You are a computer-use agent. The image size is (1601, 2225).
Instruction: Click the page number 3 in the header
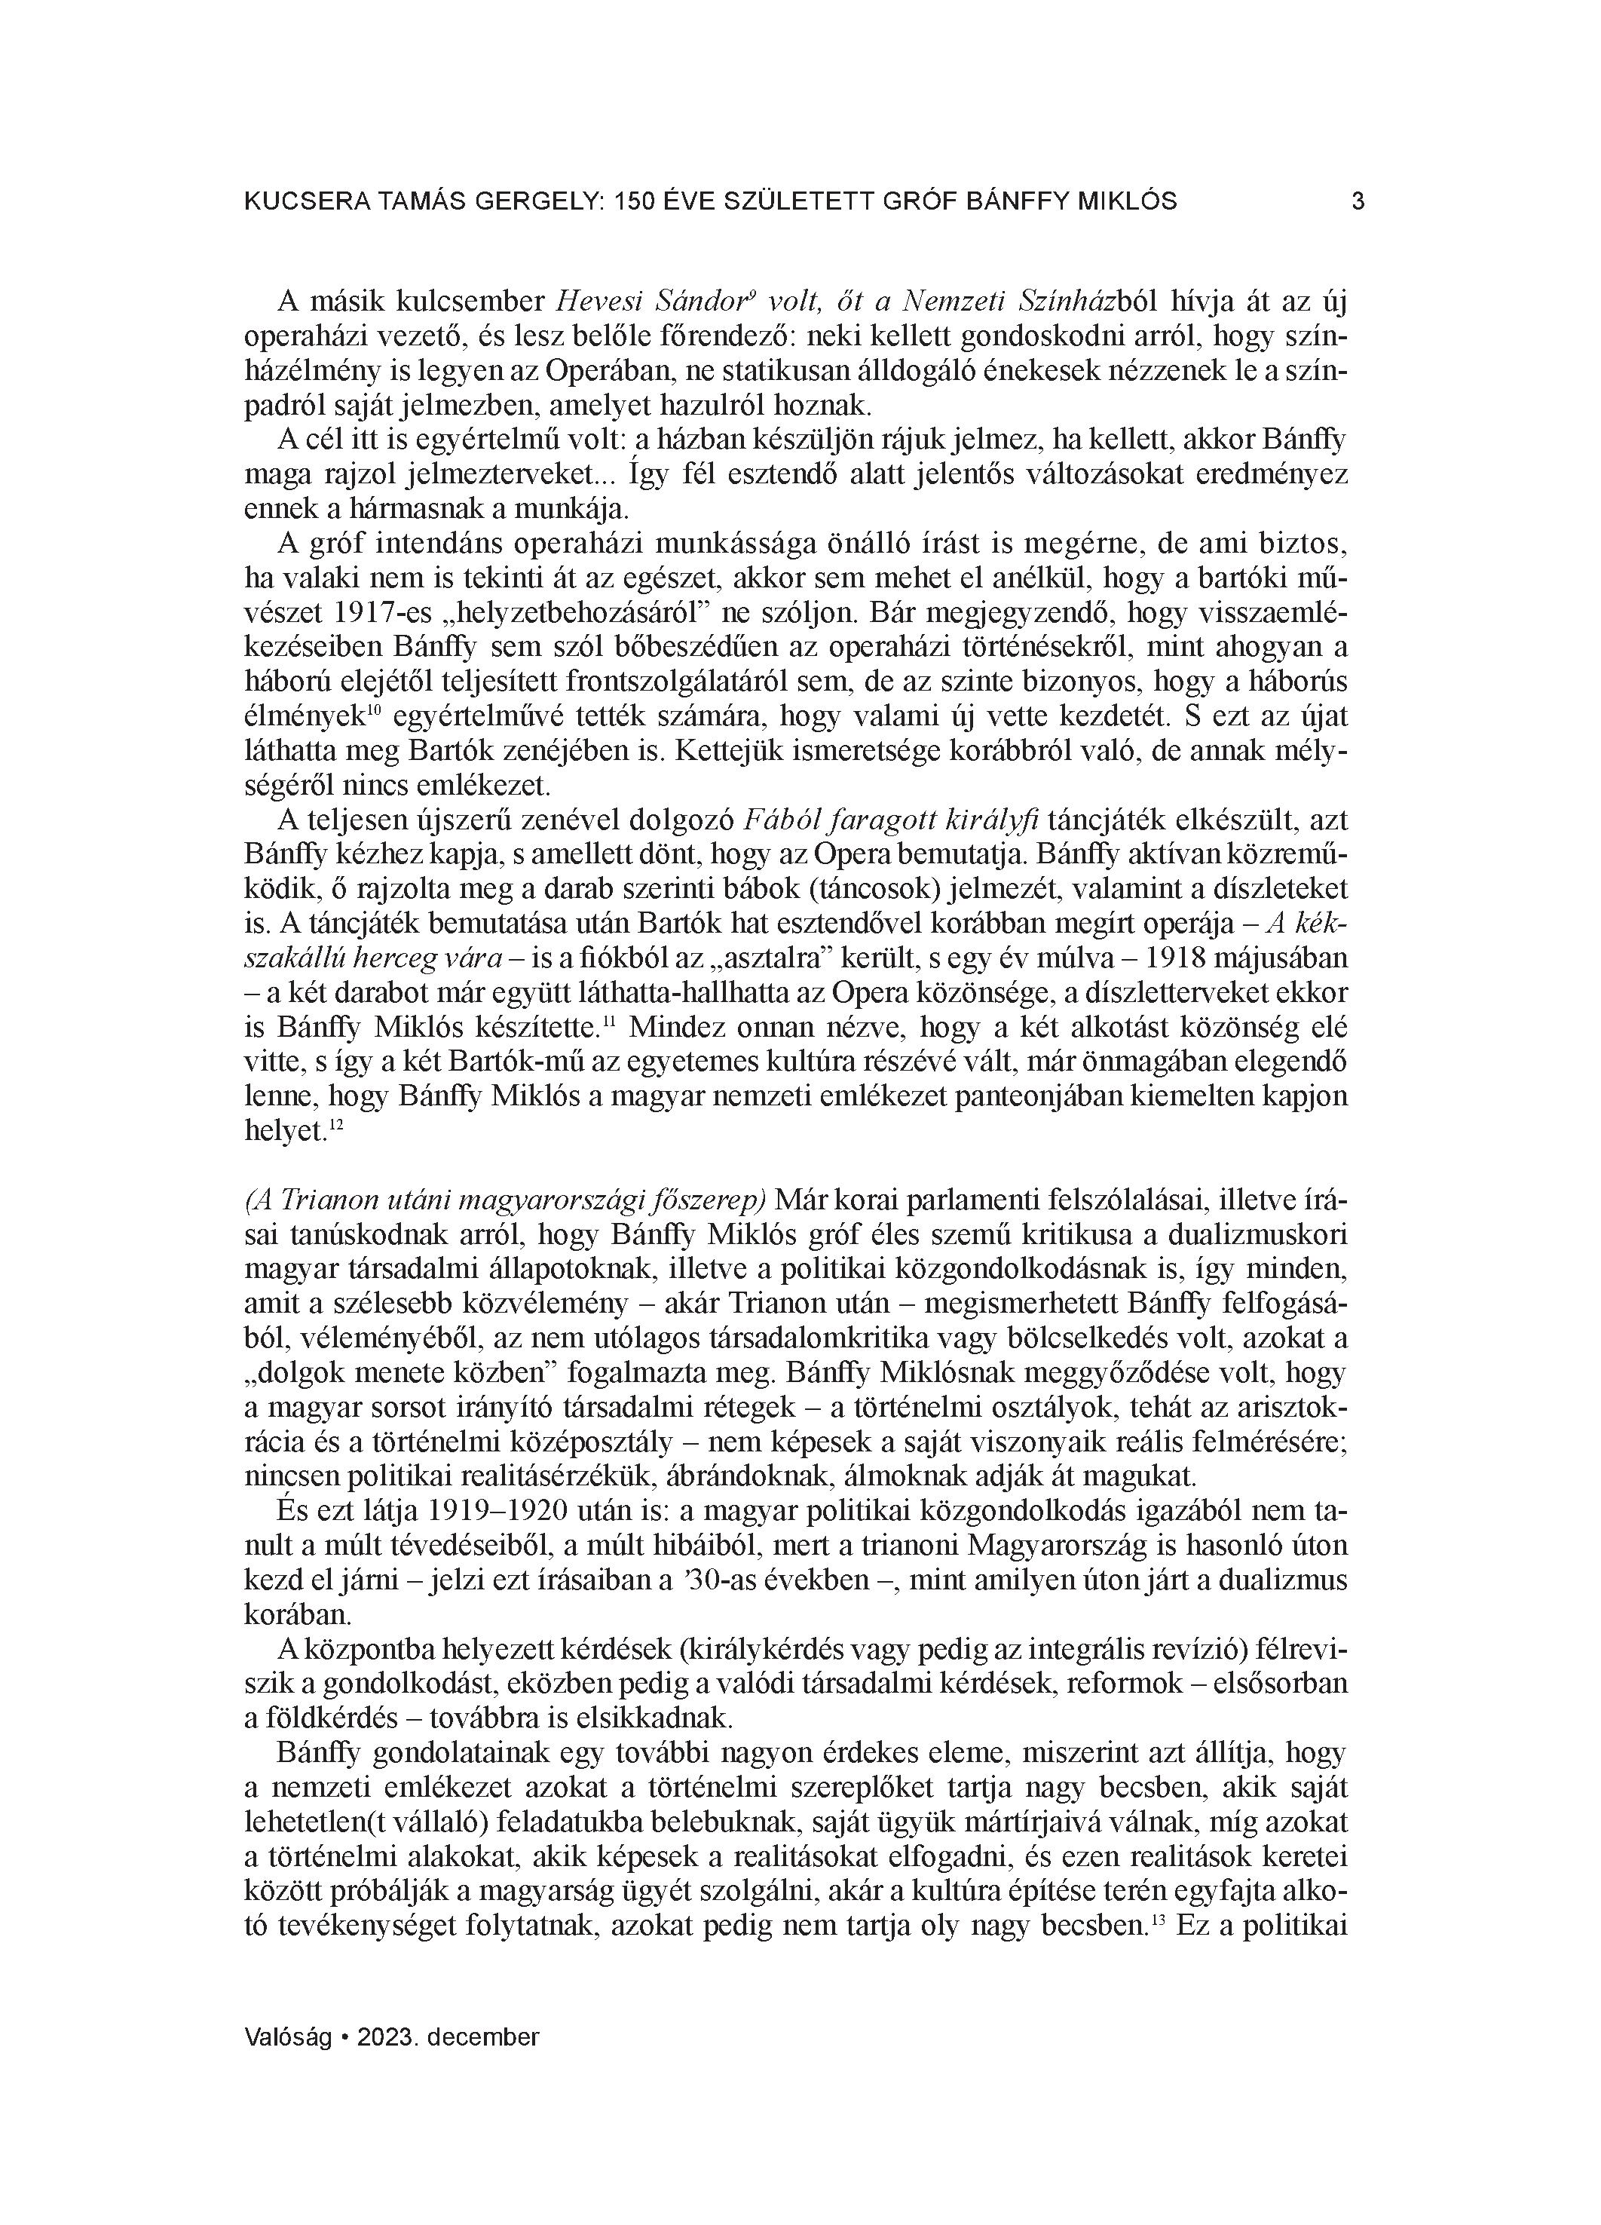pos(1358,201)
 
